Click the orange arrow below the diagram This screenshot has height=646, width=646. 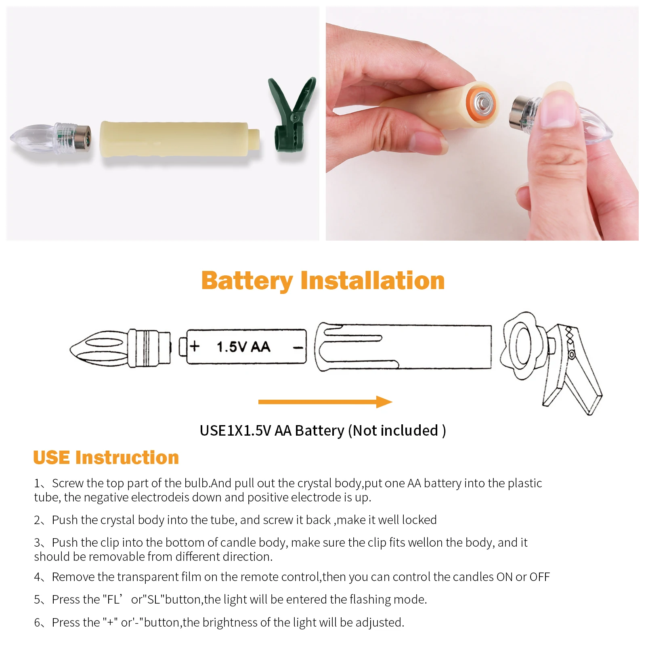tap(325, 402)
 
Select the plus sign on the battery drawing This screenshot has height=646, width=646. tap(195, 346)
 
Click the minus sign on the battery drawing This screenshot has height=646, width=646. tap(298, 348)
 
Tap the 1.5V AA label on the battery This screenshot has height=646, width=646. tap(243, 347)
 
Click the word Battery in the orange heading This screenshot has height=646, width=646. tap(247, 281)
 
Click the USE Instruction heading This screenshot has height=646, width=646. tap(106, 457)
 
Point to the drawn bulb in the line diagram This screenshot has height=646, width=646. tap(120, 348)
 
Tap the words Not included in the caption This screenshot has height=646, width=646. tap(396, 431)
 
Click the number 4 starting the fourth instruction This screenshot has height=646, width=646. tap(37, 577)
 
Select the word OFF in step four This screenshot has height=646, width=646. tap(540, 577)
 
